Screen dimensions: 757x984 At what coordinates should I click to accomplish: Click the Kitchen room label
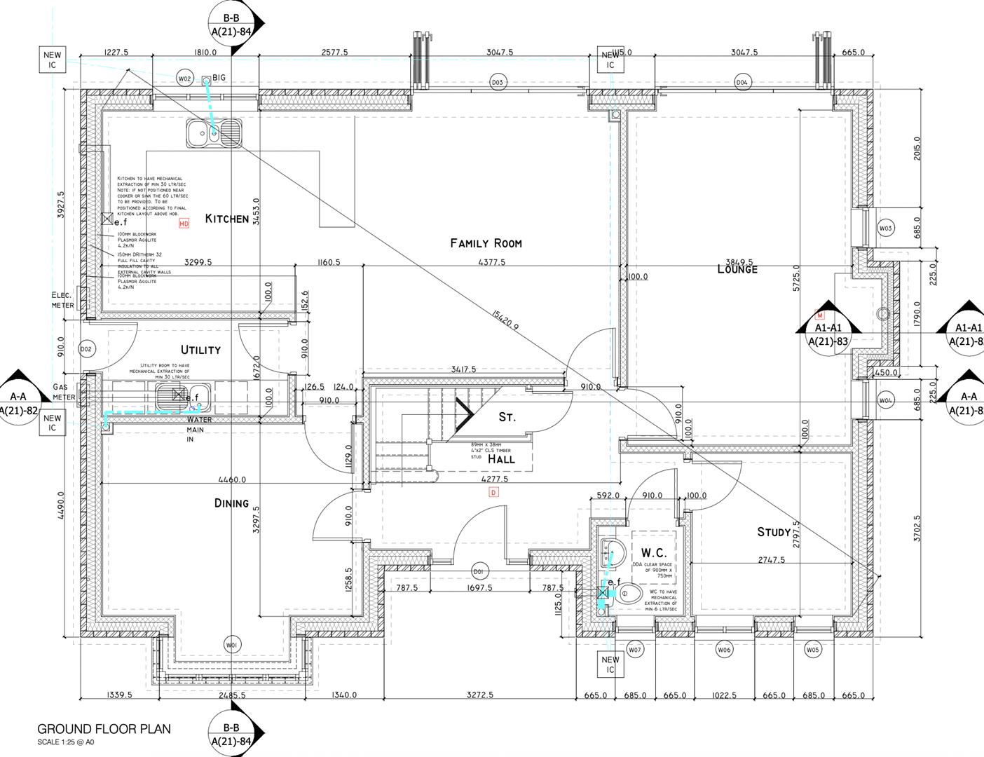[x=226, y=219]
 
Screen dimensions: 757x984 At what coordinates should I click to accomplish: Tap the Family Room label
[x=486, y=243]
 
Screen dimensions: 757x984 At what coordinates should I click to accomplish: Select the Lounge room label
[x=737, y=269]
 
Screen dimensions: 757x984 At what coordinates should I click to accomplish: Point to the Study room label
[x=774, y=532]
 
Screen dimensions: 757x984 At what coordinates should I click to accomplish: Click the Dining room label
[x=231, y=503]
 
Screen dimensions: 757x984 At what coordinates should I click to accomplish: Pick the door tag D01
[x=479, y=569]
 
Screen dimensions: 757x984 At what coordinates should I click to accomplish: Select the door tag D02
[x=86, y=348]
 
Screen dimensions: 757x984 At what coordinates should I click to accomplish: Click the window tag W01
[x=231, y=644]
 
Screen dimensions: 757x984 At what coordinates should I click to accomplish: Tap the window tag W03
[x=886, y=228]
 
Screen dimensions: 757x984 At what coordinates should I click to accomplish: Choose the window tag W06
[x=724, y=650]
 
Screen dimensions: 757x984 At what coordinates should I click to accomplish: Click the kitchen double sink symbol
[x=214, y=133]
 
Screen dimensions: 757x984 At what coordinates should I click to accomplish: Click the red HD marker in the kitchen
[x=184, y=224]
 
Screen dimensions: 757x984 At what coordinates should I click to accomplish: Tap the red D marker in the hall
[x=493, y=493]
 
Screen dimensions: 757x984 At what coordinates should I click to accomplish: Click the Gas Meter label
[x=64, y=392]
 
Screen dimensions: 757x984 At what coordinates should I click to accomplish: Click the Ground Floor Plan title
[x=104, y=729]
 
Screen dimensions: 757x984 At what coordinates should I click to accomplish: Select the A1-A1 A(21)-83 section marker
[x=828, y=334]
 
